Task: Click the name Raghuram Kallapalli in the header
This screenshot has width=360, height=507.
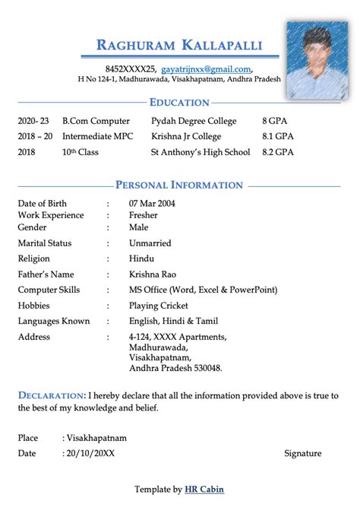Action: click(179, 45)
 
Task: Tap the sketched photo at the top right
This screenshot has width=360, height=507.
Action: click(317, 60)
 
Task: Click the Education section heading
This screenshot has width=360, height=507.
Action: click(179, 103)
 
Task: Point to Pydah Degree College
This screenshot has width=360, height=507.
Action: click(194, 121)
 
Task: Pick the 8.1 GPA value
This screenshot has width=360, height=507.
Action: click(278, 136)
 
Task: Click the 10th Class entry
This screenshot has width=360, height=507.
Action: click(81, 152)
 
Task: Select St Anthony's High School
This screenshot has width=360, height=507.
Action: click(201, 152)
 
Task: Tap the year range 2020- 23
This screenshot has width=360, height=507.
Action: click(33, 121)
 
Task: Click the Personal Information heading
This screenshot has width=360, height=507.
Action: click(179, 185)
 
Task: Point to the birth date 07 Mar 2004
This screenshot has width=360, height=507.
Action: click(152, 204)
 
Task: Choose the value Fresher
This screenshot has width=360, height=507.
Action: click(144, 215)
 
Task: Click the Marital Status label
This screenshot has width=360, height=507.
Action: click(45, 243)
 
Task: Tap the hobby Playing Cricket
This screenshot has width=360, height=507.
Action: click(159, 306)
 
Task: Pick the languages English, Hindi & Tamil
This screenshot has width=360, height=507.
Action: click(173, 322)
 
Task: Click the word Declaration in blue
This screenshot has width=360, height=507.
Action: click(51, 395)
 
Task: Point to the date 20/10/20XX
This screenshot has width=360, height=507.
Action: click(90, 453)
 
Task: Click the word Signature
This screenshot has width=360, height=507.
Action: click(302, 453)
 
